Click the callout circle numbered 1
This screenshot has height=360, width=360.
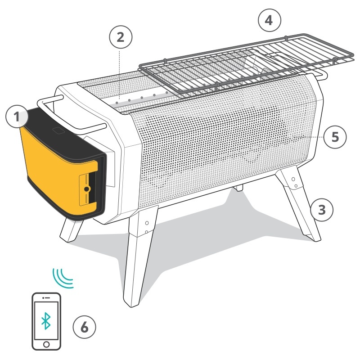point(17,117)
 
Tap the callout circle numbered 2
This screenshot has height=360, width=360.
point(121,37)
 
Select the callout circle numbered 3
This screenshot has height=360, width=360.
point(321,210)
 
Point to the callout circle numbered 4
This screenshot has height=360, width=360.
point(269,20)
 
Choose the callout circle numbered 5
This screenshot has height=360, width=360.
point(335,137)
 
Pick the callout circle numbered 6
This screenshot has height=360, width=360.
point(84,327)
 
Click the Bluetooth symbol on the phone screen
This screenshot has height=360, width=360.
point(46,321)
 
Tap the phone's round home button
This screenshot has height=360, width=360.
point(46,345)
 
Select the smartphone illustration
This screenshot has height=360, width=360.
point(46,321)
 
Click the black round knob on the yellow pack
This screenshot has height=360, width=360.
point(87,189)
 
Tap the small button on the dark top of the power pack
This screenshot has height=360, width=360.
point(58,130)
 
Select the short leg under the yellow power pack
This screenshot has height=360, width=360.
point(71,229)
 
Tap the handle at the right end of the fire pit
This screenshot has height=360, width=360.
point(321,75)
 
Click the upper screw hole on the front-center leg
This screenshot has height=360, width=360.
point(147,223)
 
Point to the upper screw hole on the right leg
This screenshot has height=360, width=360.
point(293,179)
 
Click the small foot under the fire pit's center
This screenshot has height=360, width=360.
point(239,188)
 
